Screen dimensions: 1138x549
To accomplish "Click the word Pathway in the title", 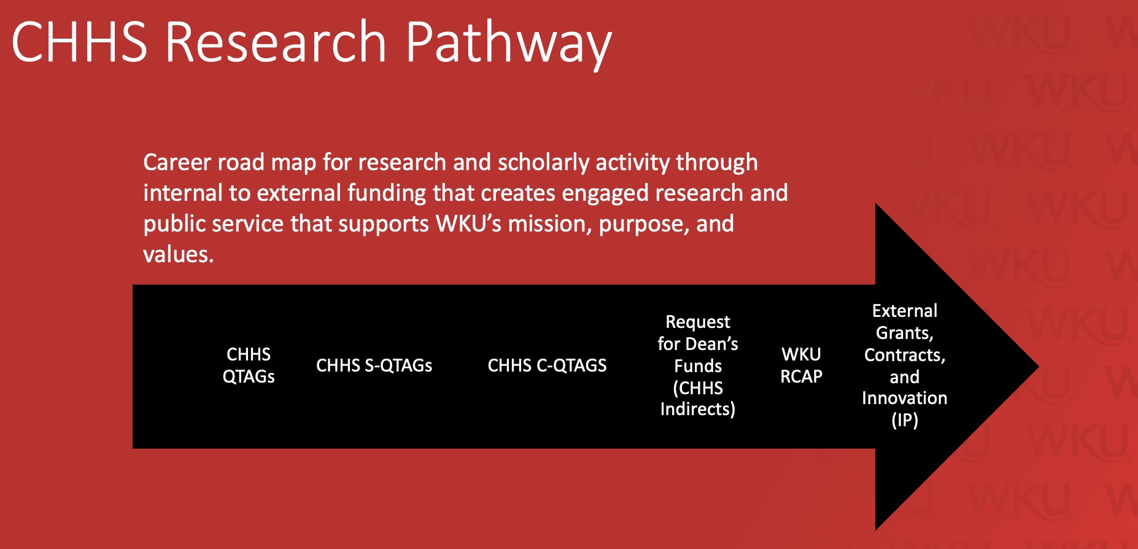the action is (508, 43).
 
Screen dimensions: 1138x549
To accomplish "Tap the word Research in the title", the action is (276, 42).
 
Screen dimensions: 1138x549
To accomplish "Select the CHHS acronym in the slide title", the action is (80, 42).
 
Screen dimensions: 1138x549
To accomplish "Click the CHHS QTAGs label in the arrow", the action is (249, 365).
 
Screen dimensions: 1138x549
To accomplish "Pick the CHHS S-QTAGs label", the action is (374, 365).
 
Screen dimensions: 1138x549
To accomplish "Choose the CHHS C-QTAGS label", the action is (547, 365).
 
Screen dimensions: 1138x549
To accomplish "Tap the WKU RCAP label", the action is (801, 365).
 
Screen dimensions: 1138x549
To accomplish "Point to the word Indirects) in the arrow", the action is (698, 409).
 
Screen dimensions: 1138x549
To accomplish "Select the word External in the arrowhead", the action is (905, 311).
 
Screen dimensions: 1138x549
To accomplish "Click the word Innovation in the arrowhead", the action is (905, 398).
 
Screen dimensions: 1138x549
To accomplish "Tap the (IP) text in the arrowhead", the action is (905, 420).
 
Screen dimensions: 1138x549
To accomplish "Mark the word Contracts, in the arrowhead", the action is (905, 355).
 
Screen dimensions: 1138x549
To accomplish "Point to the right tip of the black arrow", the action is (1039, 367).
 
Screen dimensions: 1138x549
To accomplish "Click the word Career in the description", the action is (177, 162).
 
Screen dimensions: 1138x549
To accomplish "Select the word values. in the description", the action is (179, 254).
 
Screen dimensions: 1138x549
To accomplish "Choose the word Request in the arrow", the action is (698, 322).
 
